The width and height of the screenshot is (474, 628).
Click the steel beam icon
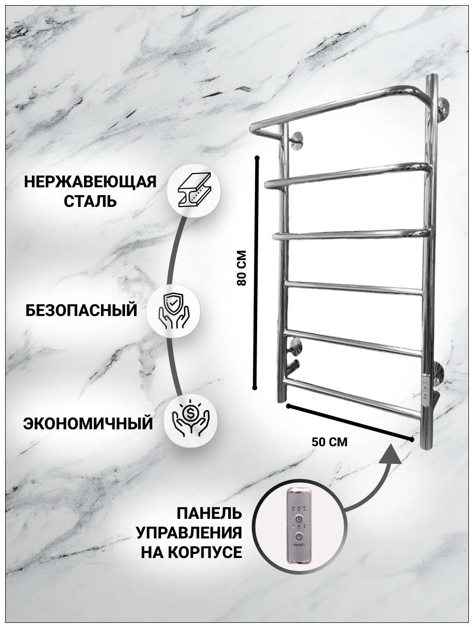(x=193, y=191)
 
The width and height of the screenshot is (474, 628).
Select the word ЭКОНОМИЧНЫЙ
(x=88, y=424)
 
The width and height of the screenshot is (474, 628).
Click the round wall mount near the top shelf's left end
(x=297, y=141)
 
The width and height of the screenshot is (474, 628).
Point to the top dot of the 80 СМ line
(x=257, y=156)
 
